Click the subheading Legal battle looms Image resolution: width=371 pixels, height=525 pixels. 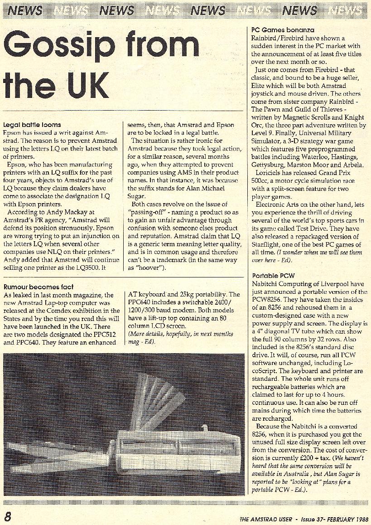coord(32,124)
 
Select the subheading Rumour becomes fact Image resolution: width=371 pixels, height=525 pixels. coord(38,287)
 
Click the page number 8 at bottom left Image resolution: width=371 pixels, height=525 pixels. coord(8,517)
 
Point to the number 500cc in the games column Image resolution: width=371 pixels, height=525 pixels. coord(262,181)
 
